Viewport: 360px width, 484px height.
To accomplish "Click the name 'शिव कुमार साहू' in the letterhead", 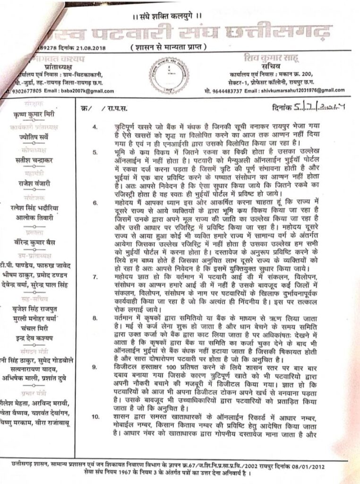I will coord(292,59).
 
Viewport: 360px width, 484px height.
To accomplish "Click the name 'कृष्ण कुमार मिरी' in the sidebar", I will coord(36,115).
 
